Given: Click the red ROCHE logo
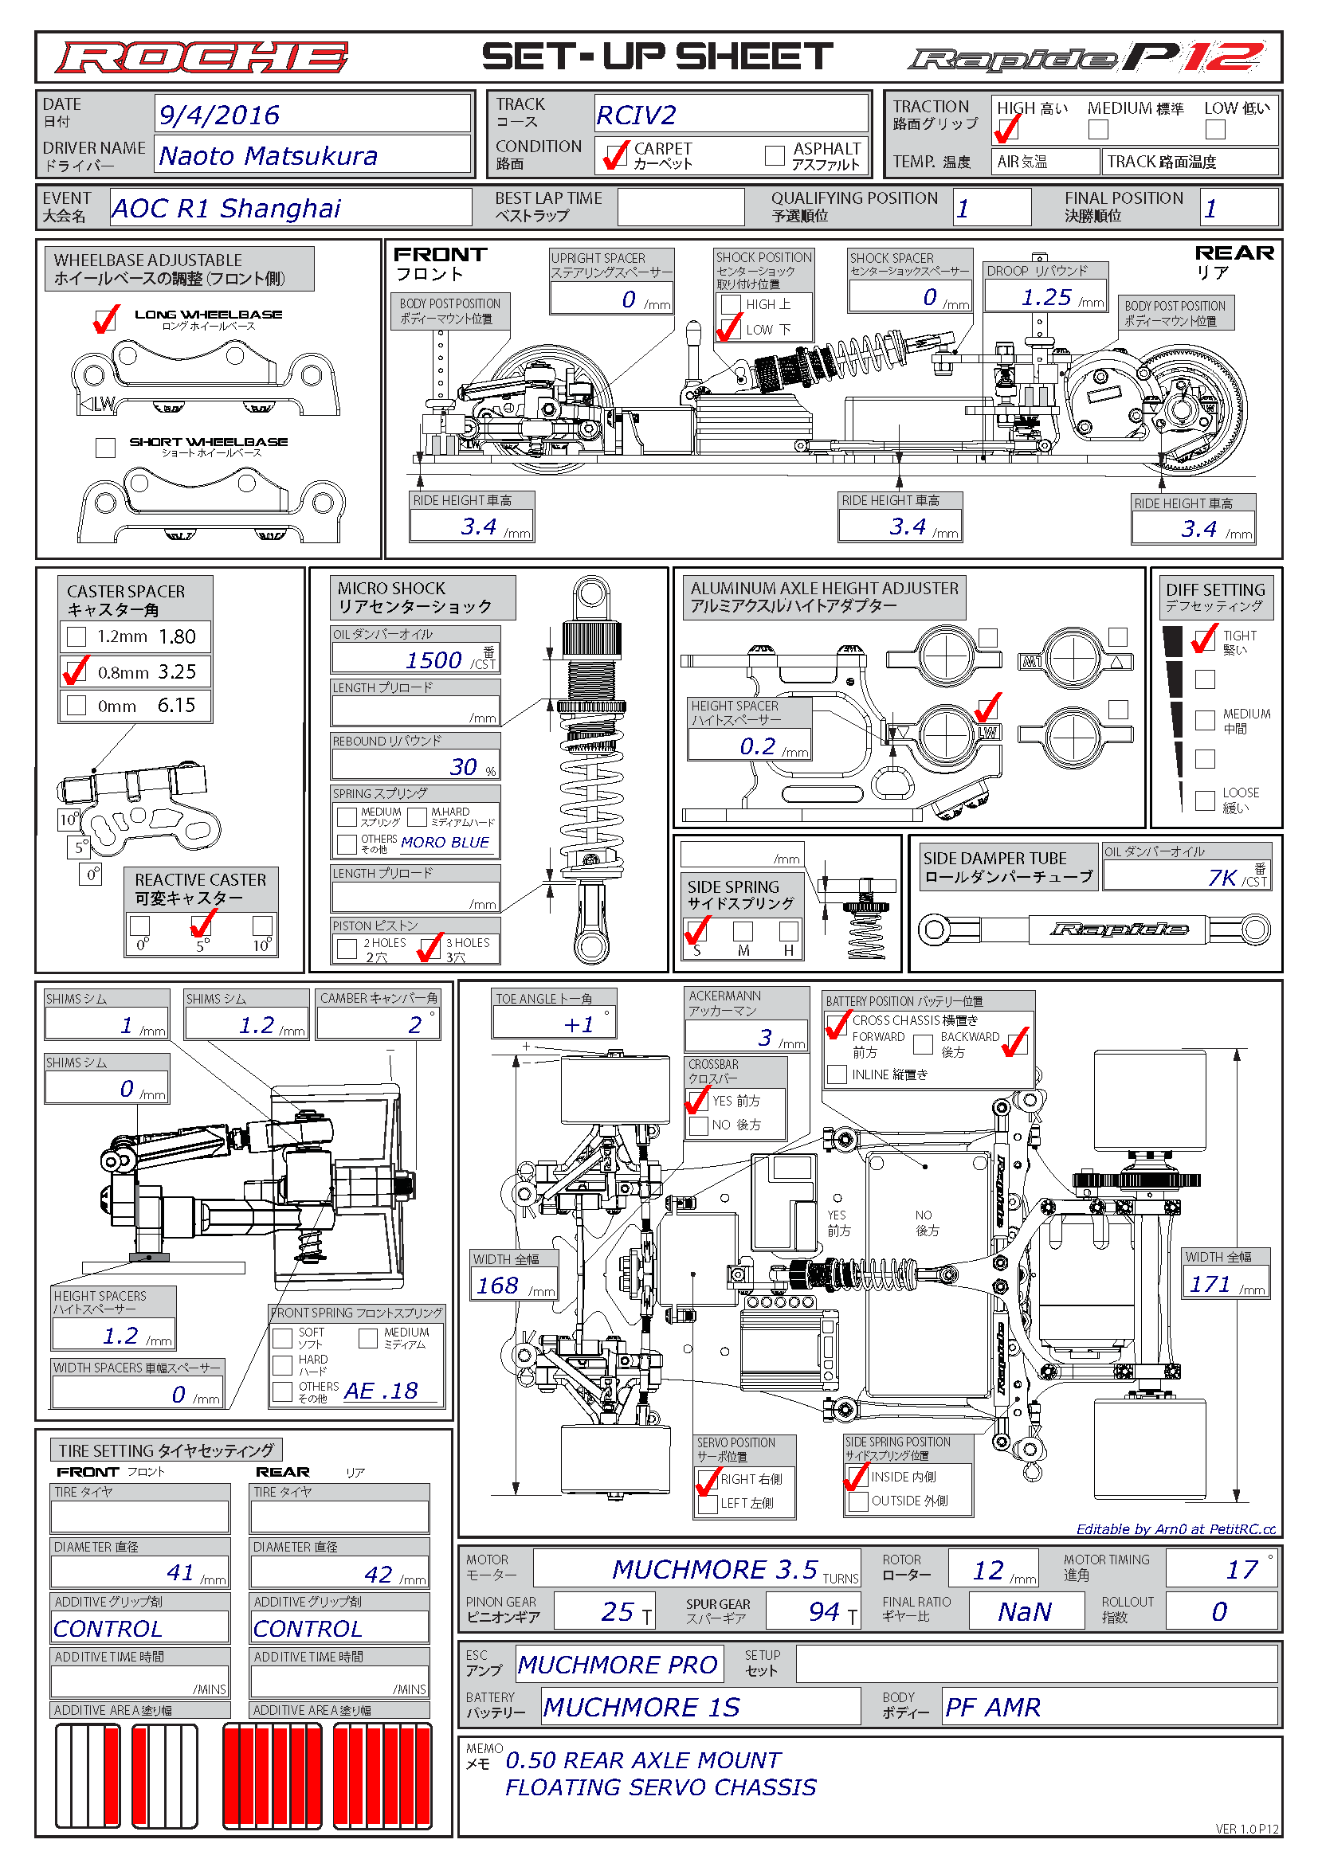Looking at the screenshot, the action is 202,57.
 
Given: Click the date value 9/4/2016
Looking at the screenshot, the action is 219,115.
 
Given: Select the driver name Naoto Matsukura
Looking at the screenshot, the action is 269,156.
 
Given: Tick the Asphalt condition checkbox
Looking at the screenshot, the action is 775,155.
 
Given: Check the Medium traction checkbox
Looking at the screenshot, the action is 1098,128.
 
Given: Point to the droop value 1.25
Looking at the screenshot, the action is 1046,298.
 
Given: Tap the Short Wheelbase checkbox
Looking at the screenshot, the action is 105,447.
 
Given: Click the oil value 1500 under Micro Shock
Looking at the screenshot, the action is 433,660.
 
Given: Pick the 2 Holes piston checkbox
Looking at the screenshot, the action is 347,949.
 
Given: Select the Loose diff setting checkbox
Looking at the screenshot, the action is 1205,800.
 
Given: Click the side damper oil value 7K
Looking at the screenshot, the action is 1222,878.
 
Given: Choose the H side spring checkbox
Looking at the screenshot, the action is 789,930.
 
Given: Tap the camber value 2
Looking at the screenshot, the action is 415,1025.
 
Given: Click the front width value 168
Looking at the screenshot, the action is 497,1286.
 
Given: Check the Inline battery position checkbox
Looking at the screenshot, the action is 837,1074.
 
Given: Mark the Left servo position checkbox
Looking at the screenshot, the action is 708,1504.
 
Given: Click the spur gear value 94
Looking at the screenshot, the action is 824,1611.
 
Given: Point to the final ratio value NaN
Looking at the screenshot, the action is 1025,1611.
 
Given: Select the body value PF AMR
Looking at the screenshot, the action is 993,1707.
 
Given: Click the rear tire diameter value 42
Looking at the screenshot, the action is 379,1575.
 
